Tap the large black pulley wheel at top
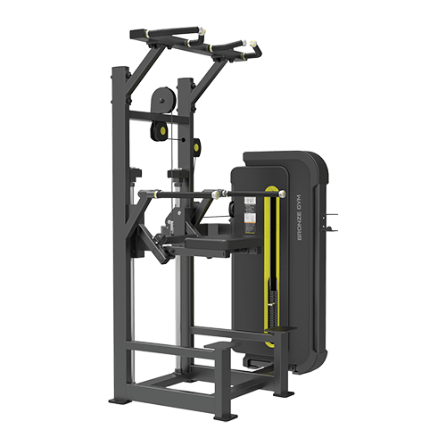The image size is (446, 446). point(162,100)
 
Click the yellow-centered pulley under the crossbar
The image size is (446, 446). point(161,130)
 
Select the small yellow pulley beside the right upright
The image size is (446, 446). point(196,146)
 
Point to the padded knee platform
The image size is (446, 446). point(208,243)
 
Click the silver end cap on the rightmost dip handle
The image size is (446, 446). point(282,194)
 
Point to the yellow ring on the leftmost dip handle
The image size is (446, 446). point(155,194)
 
